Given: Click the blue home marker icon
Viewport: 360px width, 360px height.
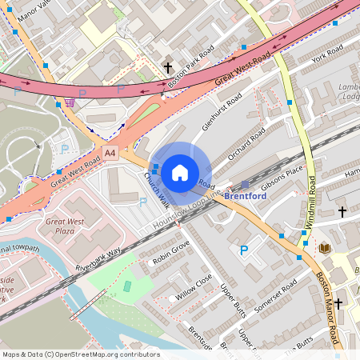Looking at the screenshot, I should click(180, 173).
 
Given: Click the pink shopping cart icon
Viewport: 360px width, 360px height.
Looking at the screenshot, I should click(70, 102).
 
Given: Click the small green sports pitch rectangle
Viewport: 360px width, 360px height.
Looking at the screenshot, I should click(127, 286).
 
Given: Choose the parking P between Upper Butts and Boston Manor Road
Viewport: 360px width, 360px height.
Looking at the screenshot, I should click(244, 251).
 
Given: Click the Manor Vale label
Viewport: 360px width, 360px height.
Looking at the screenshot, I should click(34, 13).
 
